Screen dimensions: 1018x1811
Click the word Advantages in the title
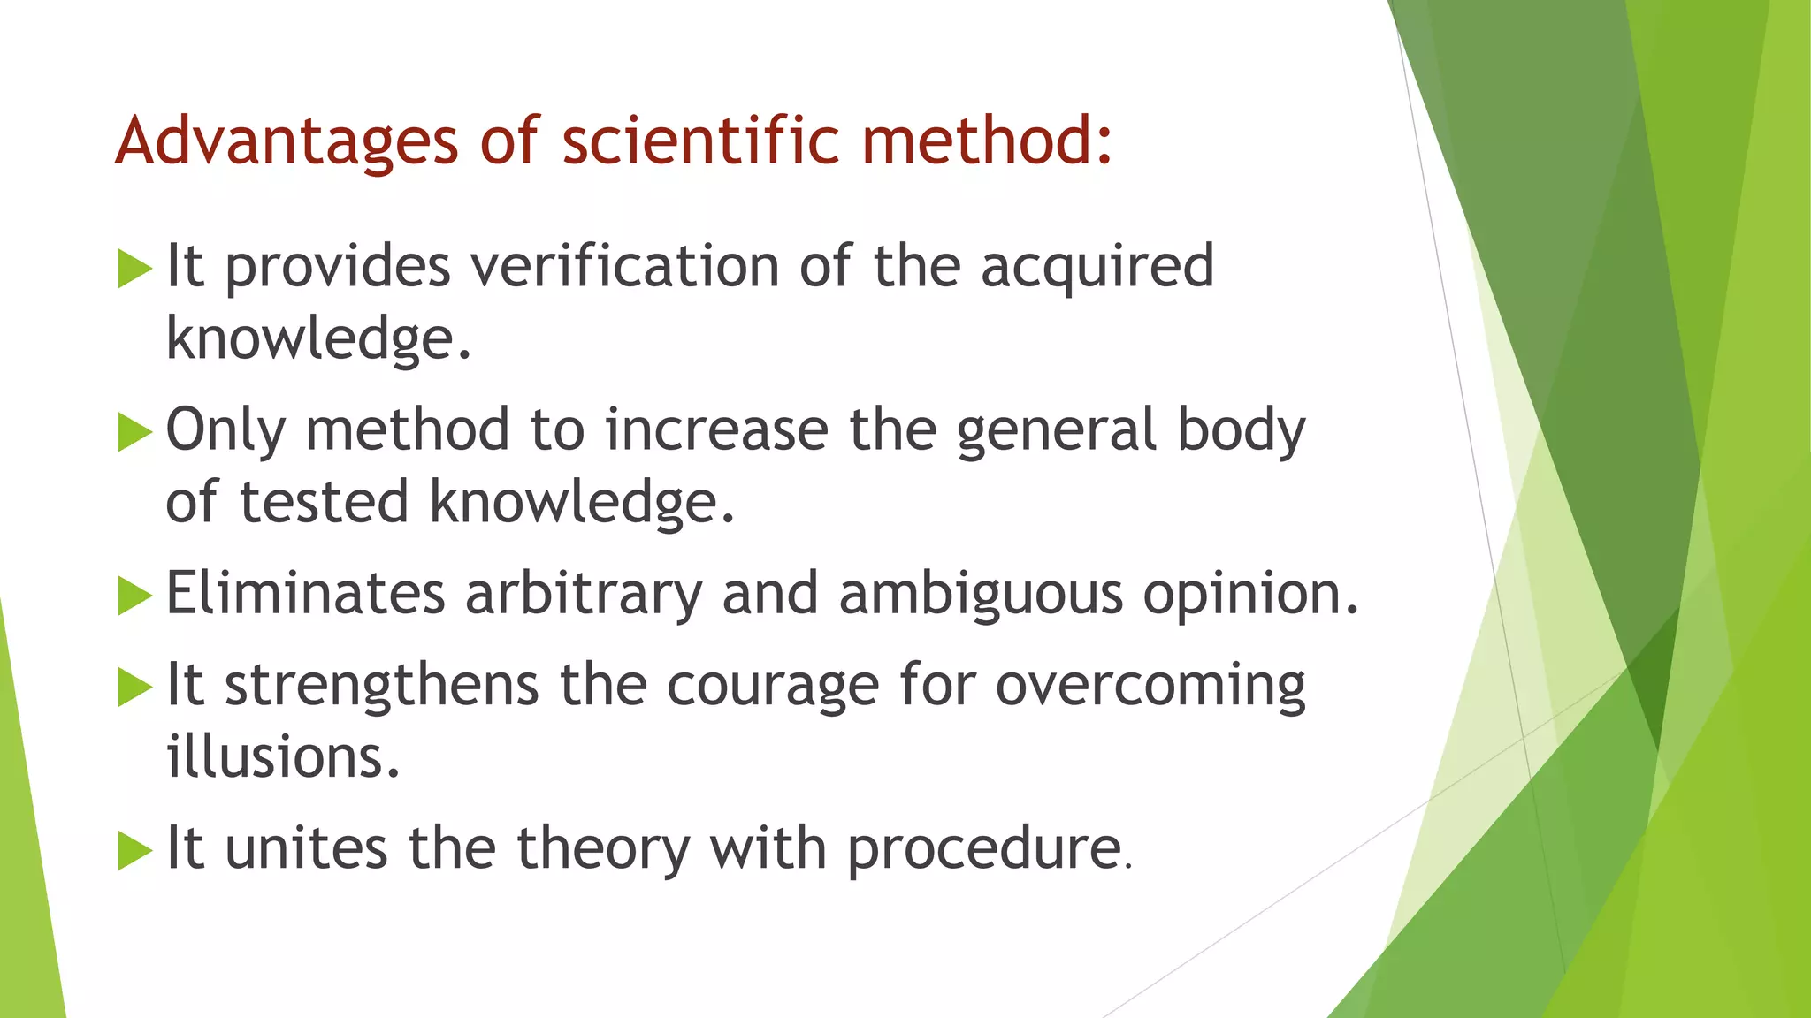(287, 141)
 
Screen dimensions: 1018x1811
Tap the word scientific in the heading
(700, 141)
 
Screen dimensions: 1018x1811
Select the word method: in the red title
(987, 141)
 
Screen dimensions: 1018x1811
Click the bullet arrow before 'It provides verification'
(134, 269)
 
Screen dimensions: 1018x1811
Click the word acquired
(1097, 269)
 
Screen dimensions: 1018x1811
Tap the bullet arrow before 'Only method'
(134, 432)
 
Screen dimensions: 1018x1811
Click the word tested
(324, 502)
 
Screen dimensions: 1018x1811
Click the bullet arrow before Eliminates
(134, 595)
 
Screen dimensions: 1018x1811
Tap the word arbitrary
(583, 594)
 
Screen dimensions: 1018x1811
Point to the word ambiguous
(981, 596)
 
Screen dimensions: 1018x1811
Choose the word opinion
(1250, 596)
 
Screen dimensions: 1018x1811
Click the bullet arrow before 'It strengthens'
(134, 687)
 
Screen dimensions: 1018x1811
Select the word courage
(772, 688)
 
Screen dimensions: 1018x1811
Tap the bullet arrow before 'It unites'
(134, 850)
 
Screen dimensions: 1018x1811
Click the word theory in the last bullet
(602, 850)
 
